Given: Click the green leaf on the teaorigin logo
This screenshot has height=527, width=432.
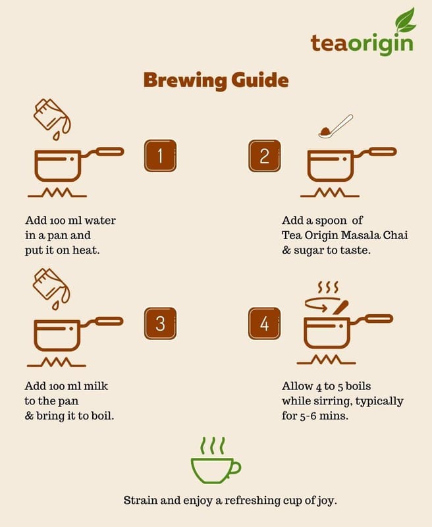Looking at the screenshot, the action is [405, 21].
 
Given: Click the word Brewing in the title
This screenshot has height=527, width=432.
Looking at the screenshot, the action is [185, 80].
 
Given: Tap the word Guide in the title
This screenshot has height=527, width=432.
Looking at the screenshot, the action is [260, 80].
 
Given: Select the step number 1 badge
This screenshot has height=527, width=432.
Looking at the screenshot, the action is [160, 156].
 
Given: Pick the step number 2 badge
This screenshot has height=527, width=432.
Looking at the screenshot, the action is [264, 156].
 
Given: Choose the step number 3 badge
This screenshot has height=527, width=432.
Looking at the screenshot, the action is [160, 323].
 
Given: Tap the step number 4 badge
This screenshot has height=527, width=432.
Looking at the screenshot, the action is [264, 323].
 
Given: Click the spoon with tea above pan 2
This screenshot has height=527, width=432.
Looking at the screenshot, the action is [335, 126].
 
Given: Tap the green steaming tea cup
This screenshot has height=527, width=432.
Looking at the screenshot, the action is [215, 460].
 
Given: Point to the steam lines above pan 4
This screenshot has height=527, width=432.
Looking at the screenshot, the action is [328, 287].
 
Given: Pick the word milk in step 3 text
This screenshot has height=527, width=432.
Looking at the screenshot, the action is [95, 386].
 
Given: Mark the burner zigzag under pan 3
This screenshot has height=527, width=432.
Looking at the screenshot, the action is [57, 362].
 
